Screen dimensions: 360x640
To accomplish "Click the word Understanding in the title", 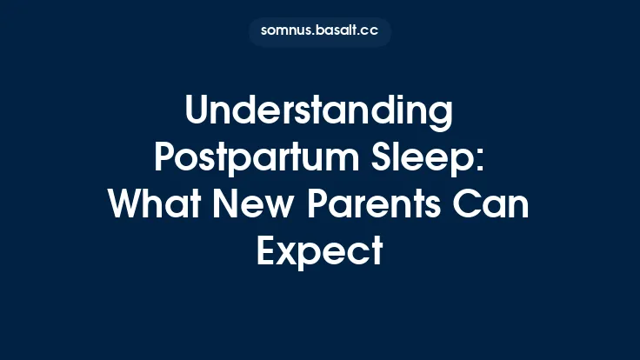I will [319, 112].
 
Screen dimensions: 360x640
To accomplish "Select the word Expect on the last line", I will [319, 252].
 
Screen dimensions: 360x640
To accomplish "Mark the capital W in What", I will [127, 205].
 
